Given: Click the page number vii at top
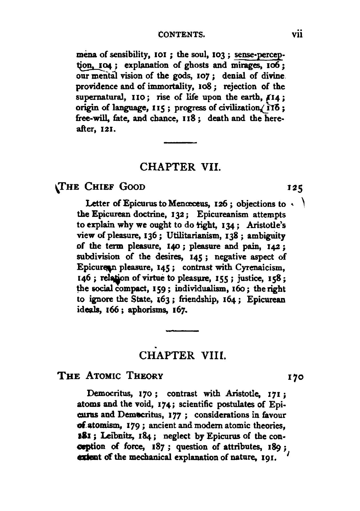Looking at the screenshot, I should coord(297,35).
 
